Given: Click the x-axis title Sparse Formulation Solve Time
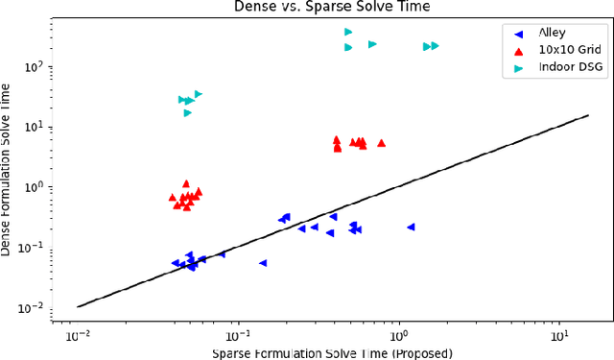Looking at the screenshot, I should point(333,352).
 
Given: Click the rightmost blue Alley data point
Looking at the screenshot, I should point(411,227).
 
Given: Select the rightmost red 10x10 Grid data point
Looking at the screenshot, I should point(381,143).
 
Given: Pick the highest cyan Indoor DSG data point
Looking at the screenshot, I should point(348,32).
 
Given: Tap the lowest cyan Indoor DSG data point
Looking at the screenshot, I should point(188,112).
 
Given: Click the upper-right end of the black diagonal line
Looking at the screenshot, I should point(588,116).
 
